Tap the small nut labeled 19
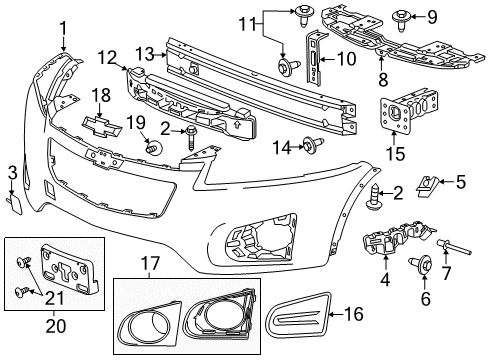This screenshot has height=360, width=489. pos(153,148)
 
